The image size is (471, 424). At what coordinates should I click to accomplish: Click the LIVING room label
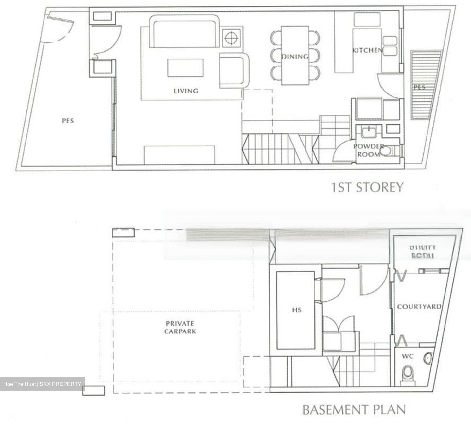point(186,91)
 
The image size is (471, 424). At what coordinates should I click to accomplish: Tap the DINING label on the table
point(295,57)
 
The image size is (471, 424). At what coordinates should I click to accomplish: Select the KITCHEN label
point(367,50)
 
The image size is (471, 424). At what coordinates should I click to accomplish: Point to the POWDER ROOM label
point(369,150)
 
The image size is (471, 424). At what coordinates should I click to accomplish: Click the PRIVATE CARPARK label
point(180,327)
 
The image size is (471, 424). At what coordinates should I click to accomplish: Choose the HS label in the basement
point(297,310)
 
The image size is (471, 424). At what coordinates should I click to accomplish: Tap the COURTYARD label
point(419,307)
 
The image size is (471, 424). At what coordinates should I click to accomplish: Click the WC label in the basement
point(408,356)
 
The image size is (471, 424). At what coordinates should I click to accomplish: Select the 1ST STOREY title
point(367,187)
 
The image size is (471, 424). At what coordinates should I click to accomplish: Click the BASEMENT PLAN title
point(354,410)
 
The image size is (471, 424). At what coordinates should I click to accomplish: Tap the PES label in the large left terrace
point(68,121)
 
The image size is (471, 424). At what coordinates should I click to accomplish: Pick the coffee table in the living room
point(186,68)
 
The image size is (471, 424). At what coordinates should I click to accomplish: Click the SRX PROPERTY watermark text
point(61,384)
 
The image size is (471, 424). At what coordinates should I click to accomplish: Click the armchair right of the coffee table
point(233,70)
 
